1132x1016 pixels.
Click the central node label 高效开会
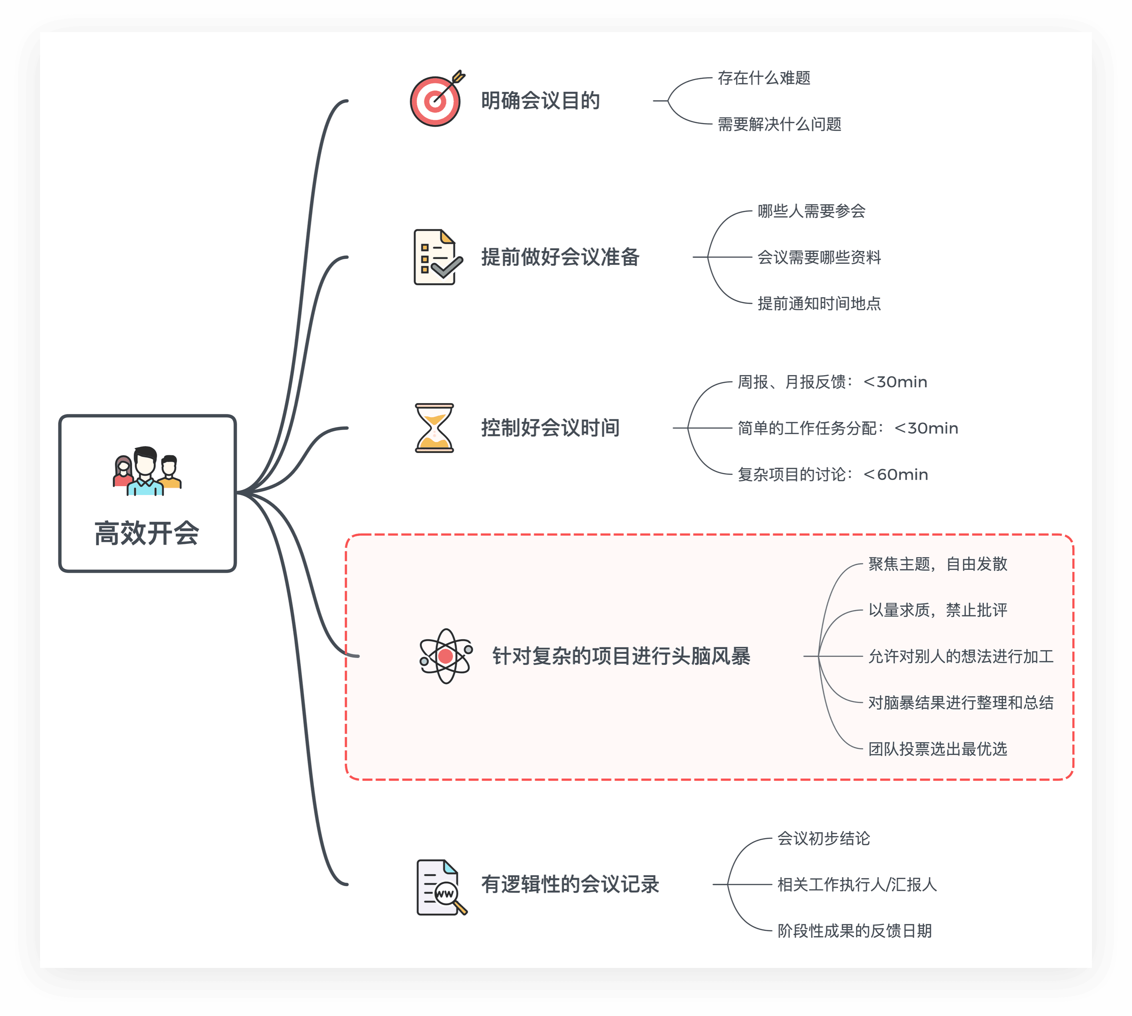click(x=147, y=533)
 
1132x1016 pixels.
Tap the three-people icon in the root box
click(x=147, y=472)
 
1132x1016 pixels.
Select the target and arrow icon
click(x=436, y=100)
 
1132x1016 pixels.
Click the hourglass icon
click(x=434, y=428)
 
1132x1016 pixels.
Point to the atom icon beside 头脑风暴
click(x=446, y=656)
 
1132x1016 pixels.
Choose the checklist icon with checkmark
click(x=437, y=257)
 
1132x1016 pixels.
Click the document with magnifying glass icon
click(x=440, y=888)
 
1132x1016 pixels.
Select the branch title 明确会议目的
click(x=540, y=101)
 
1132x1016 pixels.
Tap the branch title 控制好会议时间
click(x=550, y=428)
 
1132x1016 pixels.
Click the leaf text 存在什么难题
click(x=764, y=78)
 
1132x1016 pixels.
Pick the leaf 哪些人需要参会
click(x=811, y=211)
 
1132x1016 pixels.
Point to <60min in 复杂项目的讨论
click(x=896, y=475)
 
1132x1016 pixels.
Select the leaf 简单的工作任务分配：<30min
click(x=847, y=428)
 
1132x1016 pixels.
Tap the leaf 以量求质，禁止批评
click(x=937, y=610)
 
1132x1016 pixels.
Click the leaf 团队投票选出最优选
click(x=937, y=749)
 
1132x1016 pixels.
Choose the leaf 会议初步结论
click(x=823, y=838)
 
